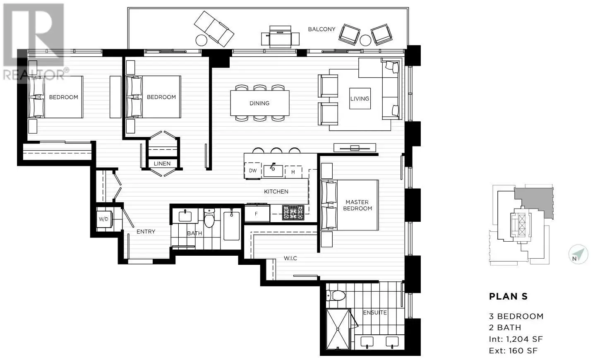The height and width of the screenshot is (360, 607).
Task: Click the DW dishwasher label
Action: (253, 171)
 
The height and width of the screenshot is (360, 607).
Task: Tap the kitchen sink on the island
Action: (273, 170)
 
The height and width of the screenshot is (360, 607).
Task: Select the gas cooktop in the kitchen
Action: (293, 213)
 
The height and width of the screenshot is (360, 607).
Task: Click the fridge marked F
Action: (257, 214)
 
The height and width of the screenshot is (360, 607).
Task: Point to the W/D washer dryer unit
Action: (104, 219)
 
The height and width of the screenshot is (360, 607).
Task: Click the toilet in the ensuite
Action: (336, 295)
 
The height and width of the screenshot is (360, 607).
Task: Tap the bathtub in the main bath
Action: (231, 226)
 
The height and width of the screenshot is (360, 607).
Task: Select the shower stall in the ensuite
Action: (338, 329)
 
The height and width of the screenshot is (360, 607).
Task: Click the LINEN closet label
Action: (162, 164)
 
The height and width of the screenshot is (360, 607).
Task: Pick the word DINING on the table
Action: (259, 103)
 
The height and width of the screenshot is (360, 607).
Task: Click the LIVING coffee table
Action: (360, 98)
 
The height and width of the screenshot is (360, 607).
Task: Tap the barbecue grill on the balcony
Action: (280, 36)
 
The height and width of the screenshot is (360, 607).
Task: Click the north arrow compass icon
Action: (578, 254)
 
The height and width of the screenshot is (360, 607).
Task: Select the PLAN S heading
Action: (509, 297)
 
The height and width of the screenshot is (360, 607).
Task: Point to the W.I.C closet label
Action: (290, 258)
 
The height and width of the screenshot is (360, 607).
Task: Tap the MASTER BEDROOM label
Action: (357, 205)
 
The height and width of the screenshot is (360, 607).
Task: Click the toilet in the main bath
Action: (209, 218)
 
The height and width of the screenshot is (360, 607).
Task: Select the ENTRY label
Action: (146, 231)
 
